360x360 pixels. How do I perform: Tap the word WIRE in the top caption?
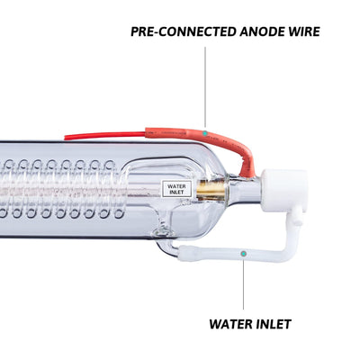coord(304,31)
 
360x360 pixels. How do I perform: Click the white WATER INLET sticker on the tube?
coord(176,189)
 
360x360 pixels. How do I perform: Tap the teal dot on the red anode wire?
coord(205,132)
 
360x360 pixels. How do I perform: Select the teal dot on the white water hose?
coord(244,254)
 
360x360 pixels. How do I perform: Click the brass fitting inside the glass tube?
coord(211,190)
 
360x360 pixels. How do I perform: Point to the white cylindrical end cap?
coord(284,190)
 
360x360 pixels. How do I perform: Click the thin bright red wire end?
coord(105,136)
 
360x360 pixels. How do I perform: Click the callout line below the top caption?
coord(205,87)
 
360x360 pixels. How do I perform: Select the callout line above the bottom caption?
coord(243,283)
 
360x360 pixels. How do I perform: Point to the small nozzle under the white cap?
coord(297,215)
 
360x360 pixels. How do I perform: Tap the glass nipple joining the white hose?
coord(167,246)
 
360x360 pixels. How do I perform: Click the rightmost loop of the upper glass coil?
coord(110,165)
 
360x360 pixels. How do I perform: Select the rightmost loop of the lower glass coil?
coord(119,212)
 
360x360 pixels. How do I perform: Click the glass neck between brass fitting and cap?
coord(244,191)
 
